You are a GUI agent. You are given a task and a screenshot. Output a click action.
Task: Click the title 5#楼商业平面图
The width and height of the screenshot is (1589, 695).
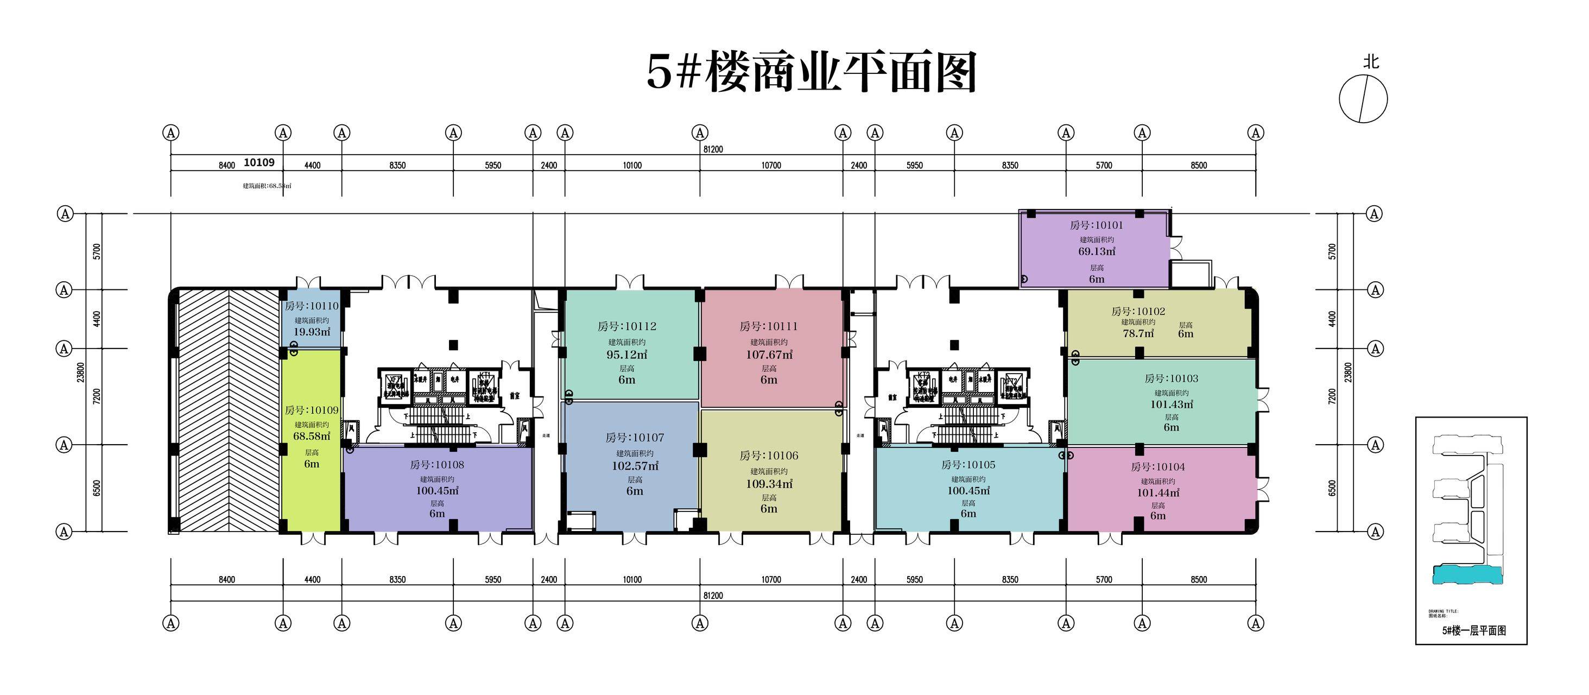click(x=811, y=73)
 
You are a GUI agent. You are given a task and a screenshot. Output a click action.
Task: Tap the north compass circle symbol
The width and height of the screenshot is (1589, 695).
click(x=1363, y=99)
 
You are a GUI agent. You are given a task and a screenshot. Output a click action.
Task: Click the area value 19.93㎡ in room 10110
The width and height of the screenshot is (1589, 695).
click(x=312, y=332)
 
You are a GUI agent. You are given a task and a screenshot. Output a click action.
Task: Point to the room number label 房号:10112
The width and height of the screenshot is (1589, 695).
click(x=626, y=326)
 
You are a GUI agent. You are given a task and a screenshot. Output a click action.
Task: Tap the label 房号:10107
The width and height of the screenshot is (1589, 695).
click(x=635, y=438)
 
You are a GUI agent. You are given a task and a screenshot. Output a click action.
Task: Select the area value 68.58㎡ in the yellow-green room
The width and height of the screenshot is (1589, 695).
click(x=312, y=436)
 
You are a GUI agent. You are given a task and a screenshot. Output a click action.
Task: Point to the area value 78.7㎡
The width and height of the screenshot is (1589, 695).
click(x=1138, y=333)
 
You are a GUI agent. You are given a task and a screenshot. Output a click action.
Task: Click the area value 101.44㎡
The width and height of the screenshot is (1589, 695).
click(x=1158, y=492)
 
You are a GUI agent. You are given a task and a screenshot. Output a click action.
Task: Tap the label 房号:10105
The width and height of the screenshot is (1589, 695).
click(x=968, y=465)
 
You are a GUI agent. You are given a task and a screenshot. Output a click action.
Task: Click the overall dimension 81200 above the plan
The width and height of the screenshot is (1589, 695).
click(x=712, y=149)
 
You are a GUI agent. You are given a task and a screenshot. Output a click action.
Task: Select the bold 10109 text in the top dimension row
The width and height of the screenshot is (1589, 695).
click(x=259, y=162)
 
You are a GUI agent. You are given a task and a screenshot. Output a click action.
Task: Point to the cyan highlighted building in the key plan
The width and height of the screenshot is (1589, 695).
click(x=1467, y=575)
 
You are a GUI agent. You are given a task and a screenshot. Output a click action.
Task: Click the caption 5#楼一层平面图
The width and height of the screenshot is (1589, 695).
click(x=1474, y=630)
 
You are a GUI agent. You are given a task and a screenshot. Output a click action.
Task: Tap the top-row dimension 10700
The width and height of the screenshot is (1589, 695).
click(x=770, y=165)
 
